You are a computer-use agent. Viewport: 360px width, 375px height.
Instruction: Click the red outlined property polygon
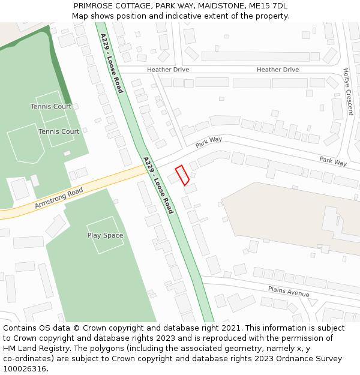[182, 175]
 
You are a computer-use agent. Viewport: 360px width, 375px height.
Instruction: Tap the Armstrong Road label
[59, 199]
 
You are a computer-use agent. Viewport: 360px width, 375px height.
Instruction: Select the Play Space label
[105, 235]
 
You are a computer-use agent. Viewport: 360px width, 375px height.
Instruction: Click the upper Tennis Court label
[51, 106]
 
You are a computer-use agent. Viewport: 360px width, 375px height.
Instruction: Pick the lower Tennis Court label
[59, 131]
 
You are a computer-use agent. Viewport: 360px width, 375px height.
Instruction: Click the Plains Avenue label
[289, 292]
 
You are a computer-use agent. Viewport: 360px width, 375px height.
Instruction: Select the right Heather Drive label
[278, 70]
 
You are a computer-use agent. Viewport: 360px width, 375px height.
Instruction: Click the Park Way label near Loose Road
[209, 142]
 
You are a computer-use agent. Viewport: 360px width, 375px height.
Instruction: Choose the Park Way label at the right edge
[333, 161]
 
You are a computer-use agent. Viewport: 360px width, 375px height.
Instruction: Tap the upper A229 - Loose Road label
[112, 63]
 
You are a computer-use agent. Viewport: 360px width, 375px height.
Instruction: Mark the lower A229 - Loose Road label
[158, 185]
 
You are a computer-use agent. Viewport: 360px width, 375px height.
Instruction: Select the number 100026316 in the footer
[25, 368]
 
